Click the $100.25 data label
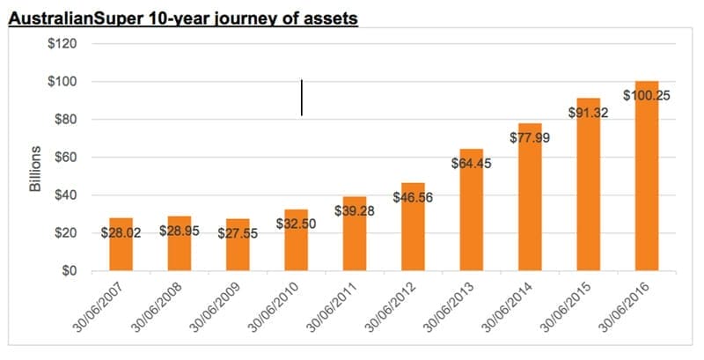(x=647, y=95)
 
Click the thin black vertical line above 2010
(x=302, y=98)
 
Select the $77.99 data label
(x=531, y=137)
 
